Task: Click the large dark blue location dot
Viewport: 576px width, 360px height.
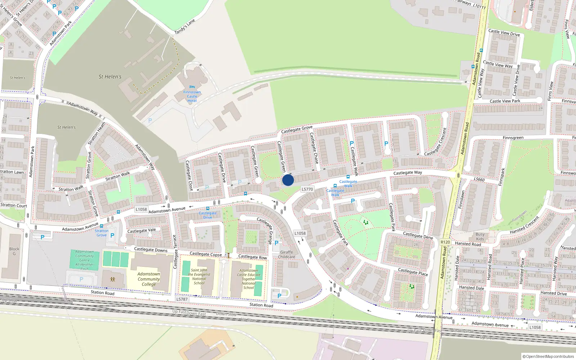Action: point(288,180)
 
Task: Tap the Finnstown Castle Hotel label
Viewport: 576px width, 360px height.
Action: point(192,96)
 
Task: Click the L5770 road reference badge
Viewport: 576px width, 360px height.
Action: point(307,189)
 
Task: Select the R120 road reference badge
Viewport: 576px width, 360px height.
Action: point(445,242)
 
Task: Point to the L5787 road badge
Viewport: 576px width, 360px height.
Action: point(182,299)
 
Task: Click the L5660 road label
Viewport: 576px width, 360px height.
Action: point(479,179)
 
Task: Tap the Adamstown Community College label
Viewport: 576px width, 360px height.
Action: point(149,279)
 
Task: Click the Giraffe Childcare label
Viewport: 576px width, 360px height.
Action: point(287,255)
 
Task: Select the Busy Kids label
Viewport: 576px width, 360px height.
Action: point(480,237)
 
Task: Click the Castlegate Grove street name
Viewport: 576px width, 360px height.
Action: point(297,130)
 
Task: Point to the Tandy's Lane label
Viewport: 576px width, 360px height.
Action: point(184,27)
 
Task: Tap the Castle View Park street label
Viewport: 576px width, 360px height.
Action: point(505,101)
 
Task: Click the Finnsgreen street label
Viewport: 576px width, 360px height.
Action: point(513,138)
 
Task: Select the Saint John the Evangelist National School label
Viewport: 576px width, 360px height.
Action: point(199,276)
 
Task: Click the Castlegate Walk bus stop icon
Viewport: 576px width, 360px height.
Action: point(348,177)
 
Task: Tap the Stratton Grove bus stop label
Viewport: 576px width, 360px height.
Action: point(102,233)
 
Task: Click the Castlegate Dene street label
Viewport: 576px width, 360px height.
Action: point(418,235)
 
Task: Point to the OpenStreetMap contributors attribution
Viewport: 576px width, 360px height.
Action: point(548,356)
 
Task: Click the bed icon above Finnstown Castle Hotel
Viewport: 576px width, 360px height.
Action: point(192,87)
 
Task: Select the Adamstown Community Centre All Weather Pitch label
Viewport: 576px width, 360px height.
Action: point(85,260)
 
